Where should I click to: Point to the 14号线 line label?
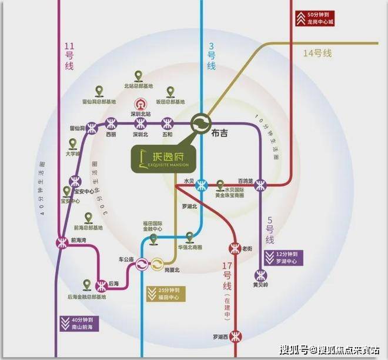pyautogui.click(x=317, y=53)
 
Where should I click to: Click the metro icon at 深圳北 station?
pyautogui.click(x=139, y=124)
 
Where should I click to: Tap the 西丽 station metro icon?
pyautogui.click(x=111, y=124)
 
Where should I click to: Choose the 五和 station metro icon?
pyautogui.click(x=168, y=124)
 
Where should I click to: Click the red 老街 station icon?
pyautogui.click(x=235, y=248)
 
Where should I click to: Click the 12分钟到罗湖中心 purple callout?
pyautogui.click(x=290, y=258)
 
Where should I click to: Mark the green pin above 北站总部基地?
pyautogui.click(x=138, y=76)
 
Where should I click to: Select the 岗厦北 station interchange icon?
pyautogui.click(x=158, y=265)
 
